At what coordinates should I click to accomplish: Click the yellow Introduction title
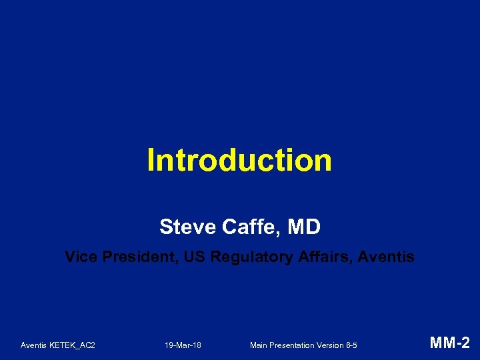pyautogui.click(x=239, y=161)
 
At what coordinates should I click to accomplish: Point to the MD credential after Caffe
pyautogui.click(x=304, y=227)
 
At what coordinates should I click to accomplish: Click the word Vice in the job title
pyautogui.click(x=79, y=257)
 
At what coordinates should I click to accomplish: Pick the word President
pyautogui.click(x=135, y=257)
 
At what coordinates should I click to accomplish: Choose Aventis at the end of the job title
pyautogui.click(x=387, y=257)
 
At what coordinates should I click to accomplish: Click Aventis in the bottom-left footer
pyautogui.click(x=34, y=345)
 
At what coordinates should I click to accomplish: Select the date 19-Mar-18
pyautogui.click(x=183, y=345)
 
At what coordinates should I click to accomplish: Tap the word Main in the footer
pyautogui.click(x=259, y=345)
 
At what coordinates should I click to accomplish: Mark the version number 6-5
pyautogui.click(x=352, y=345)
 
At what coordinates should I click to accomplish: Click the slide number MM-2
pyautogui.click(x=450, y=344)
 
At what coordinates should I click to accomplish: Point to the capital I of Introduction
pyautogui.click(x=151, y=161)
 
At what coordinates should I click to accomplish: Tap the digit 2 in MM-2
pyautogui.click(x=465, y=344)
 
